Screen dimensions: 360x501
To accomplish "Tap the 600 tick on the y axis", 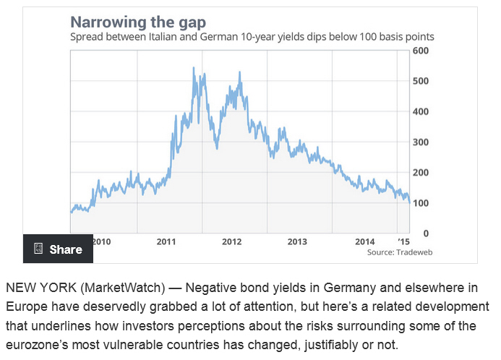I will [x=421, y=51].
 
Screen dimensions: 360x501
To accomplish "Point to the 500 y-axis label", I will [x=421, y=81].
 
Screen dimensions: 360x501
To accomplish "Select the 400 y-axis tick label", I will [x=421, y=111].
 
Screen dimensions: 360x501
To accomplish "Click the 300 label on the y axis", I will [x=421, y=142].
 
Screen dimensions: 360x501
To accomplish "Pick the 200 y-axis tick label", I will [x=421, y=172].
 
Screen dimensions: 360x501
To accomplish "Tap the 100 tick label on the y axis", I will [x=421, y=202].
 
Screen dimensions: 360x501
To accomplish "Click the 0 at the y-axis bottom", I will [x=426, y=233].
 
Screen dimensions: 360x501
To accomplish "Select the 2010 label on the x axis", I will [x=103, y=241].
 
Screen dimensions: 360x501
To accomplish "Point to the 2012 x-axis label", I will [x=232, y=241].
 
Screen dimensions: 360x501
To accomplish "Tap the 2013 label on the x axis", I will [x=297, y=241].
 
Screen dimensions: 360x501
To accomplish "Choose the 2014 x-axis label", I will [x=365, y=241].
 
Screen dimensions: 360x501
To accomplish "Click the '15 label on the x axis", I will [x=403, y=241].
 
